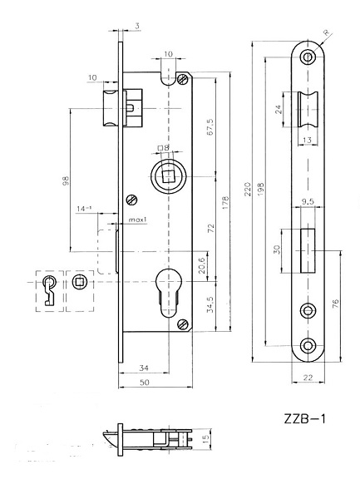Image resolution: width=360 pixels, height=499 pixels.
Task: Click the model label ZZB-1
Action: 304,418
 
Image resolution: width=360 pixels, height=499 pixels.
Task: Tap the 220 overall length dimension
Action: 248,189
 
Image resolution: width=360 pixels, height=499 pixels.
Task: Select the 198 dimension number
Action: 260,189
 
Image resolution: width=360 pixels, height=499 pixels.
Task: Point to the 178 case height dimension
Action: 224,203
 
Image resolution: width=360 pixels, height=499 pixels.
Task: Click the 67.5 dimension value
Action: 210,127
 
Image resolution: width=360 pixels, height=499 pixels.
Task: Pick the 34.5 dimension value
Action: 210,304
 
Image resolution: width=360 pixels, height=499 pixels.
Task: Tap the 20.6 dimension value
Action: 201,266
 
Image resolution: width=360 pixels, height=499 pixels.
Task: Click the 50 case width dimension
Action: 145,383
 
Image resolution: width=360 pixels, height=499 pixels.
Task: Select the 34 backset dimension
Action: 144,368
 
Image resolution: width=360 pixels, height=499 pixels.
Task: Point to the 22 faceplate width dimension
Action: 308,378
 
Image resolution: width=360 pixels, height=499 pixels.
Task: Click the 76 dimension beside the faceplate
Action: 335,304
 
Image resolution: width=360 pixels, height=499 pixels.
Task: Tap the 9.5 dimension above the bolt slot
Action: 308,201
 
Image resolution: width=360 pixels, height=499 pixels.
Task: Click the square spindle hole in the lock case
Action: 168,176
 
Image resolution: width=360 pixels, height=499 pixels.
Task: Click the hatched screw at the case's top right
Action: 183,79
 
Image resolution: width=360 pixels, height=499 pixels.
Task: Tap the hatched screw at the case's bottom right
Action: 183,324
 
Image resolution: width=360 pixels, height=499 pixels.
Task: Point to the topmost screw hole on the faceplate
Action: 308,57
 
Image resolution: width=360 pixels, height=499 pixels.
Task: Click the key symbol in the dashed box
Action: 49,289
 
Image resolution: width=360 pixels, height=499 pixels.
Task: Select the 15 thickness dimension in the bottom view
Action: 205,439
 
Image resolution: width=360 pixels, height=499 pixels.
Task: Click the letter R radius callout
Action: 327,32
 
